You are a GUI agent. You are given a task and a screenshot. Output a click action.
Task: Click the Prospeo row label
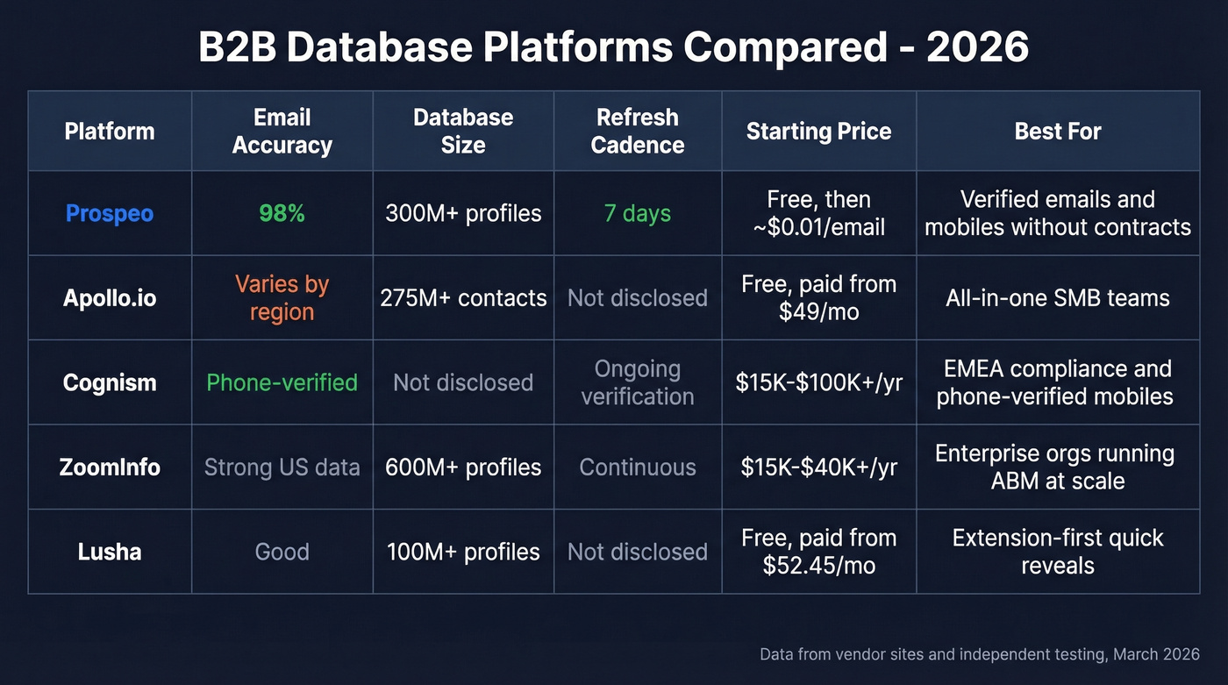(x=110, y=213)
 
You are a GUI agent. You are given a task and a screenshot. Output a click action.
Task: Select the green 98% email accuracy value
(x=282, y=213)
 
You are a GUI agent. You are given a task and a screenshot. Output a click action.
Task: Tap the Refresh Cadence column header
(x=638, y=132)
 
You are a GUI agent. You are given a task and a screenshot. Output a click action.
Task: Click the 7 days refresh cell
(x=638, y=213)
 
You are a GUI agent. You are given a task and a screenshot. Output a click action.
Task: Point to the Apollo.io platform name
(x=110, y=298)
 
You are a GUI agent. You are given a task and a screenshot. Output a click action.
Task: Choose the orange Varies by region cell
(x=282, y=298)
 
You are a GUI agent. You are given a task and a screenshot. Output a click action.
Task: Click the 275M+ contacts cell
(x=463, y=298)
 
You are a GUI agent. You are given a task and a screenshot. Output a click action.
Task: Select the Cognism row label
(x=110, y=382)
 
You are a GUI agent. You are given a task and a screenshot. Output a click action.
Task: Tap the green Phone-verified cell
(x=282, y=382)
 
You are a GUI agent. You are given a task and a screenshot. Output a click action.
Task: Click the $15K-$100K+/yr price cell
(x=818, y=382)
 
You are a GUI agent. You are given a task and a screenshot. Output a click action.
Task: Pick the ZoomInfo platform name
(x=110, y=467)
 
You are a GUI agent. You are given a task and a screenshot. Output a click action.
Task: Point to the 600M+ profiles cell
(x=463, y=467)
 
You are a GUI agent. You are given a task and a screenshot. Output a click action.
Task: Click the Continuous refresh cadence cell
(x=638, y=467)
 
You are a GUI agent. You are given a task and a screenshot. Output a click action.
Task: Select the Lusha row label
(x=110, y=552)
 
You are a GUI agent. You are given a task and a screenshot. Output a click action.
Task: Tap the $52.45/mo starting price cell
(x=818, y=552)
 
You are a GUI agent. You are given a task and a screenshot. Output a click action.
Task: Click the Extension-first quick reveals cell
(x=1058, y=552)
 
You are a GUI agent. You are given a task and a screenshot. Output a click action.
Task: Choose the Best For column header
(x=1058, y=132)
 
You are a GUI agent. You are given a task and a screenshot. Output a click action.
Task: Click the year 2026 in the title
(x=977, y=47)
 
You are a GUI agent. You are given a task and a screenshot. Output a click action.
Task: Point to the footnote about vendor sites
(x=979, y=654)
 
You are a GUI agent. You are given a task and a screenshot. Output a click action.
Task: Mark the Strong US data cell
(x=282, y=467)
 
